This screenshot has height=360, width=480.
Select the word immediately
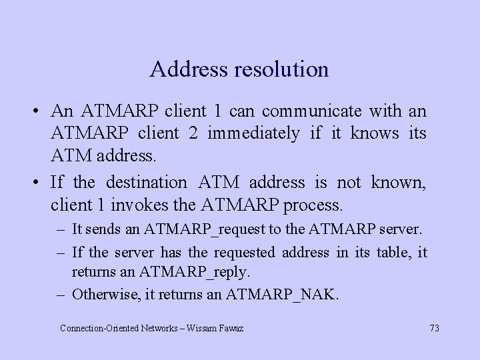tap(253, 133)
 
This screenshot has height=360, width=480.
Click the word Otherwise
tap(102, 294)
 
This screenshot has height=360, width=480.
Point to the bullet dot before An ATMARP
tap(41, 110)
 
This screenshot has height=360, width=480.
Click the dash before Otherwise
tap(61, 294)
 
